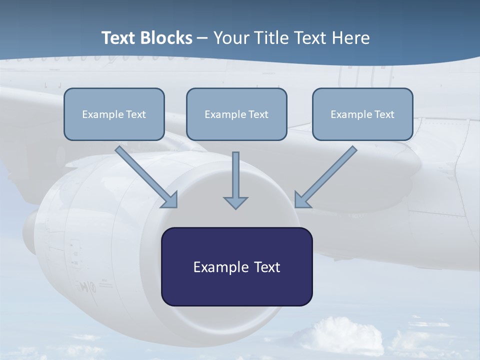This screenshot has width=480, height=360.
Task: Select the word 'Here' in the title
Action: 352,38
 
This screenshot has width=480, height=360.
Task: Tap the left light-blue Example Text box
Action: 114,114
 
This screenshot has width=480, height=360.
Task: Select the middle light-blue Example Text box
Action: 236,114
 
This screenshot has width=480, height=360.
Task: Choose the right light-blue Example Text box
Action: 362,114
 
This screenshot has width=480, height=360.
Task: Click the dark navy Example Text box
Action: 236,266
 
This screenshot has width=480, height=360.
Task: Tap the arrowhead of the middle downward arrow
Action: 235,202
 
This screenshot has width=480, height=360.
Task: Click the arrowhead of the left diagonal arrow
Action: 170,200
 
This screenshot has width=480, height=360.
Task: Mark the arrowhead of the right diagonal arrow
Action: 302,200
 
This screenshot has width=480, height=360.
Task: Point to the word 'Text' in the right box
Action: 384,114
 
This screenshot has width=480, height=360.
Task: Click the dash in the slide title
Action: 203,38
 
